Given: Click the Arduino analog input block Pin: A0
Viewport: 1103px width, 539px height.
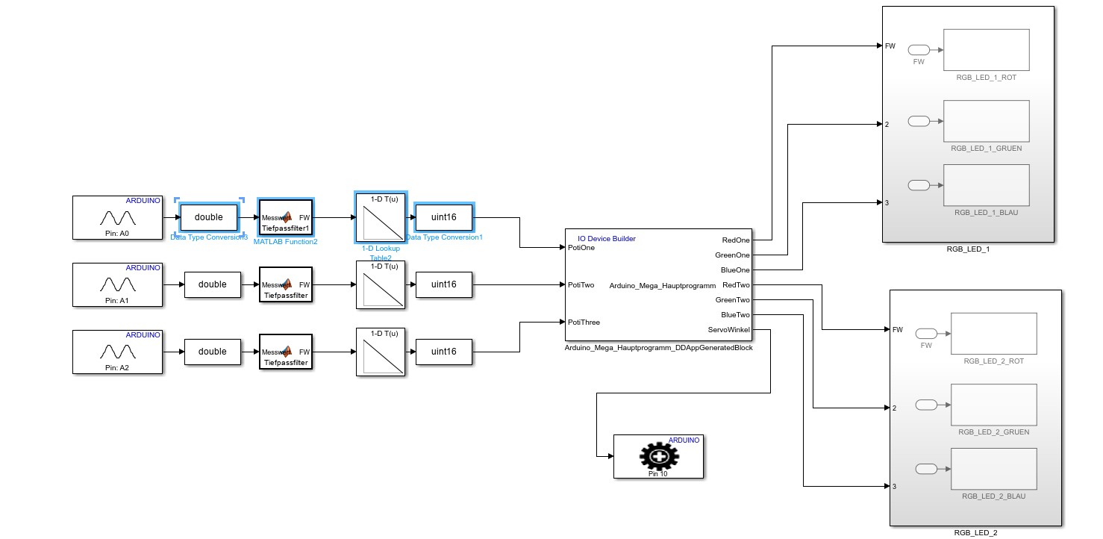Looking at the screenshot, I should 117,218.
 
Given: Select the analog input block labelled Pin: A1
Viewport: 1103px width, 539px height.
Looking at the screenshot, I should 117,284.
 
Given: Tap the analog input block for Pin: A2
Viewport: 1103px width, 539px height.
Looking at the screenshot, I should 117,352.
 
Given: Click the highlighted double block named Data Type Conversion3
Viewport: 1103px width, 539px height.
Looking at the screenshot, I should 210,217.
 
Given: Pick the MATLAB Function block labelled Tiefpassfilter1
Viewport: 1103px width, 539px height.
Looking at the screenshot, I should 285,218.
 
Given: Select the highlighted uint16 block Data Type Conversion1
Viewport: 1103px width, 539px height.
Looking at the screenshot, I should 444,217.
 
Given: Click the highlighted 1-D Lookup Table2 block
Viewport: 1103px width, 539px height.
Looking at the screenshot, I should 381,217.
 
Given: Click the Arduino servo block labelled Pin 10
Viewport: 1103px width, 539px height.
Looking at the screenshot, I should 658,456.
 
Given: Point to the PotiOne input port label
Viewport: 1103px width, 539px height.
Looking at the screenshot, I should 581,248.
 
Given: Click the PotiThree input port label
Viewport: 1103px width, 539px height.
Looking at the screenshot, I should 584,323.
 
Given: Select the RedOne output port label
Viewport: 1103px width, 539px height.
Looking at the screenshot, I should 736,240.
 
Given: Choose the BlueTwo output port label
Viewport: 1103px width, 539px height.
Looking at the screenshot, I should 735,315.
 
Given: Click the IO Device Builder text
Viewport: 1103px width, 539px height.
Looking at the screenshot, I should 606,239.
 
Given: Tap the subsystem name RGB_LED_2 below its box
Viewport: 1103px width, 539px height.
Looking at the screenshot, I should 975,533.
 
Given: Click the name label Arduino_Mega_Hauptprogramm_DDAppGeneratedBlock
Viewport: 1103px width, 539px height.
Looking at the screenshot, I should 659,348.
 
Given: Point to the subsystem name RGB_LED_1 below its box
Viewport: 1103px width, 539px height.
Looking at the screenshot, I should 968,249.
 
